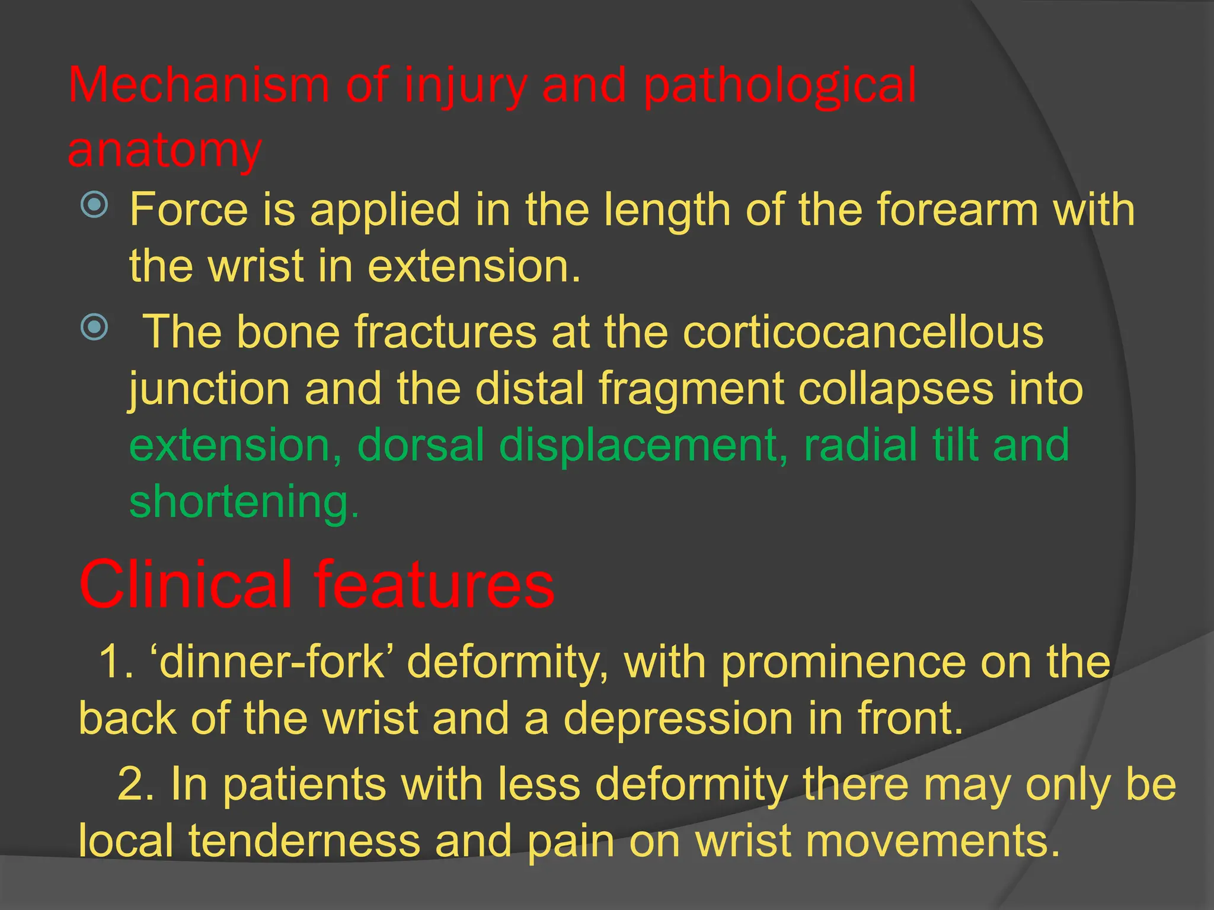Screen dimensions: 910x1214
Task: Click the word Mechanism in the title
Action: [199, 85]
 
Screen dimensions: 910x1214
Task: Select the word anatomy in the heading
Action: [165, 150]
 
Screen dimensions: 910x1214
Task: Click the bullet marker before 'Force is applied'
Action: [94, 205]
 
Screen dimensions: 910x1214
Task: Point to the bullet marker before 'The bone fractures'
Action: [94, 327]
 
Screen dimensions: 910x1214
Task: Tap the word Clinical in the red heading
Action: [186, 585]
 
